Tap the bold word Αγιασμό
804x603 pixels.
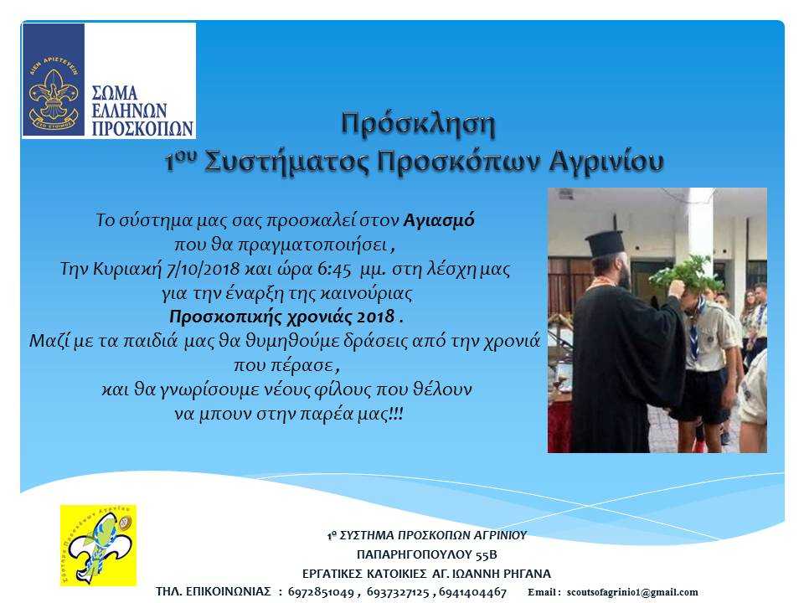click(x=439, y=220)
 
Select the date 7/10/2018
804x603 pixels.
click(x=203, y=269)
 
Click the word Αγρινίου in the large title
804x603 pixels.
click(x=606, y=162)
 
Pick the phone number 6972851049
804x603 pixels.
click(x=321, y=592)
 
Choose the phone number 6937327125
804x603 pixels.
click(x=398, y=592)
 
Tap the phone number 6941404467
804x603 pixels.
click(x=472, y=592)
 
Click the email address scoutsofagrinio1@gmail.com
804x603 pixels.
click(x=632, y=593)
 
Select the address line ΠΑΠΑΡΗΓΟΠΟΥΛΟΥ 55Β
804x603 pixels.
click(x=426, y=554)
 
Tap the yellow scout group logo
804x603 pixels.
click(x=99, y=545)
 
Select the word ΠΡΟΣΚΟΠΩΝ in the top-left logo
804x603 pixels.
click(x=142, y=128)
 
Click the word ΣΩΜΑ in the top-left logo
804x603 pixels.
click(x=115, y=93)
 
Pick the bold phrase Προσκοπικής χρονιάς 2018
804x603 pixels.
click(x=282, y=317)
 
